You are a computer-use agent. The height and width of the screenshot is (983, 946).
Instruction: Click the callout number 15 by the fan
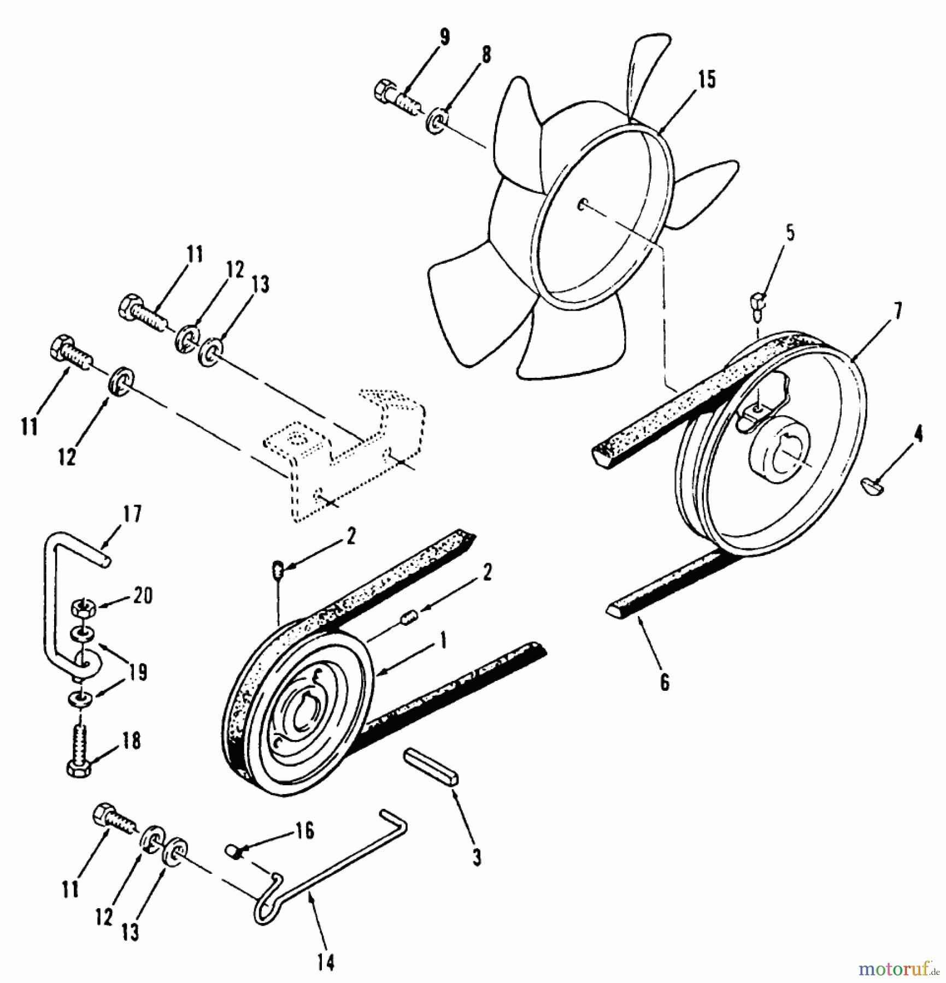[x=706, y=80]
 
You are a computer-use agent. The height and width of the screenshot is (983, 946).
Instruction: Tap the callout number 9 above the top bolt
[x=444, y=38]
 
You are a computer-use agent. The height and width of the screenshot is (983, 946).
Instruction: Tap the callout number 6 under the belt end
[x=665, y=683]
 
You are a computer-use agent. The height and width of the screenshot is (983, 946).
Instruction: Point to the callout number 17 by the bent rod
[x=132, y=514]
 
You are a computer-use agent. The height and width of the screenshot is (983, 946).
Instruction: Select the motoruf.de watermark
[x=898, y=969]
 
